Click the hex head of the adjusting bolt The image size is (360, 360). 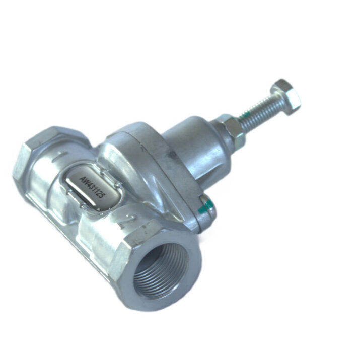tap(285, 97)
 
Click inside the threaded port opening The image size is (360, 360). tap(165, 271)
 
